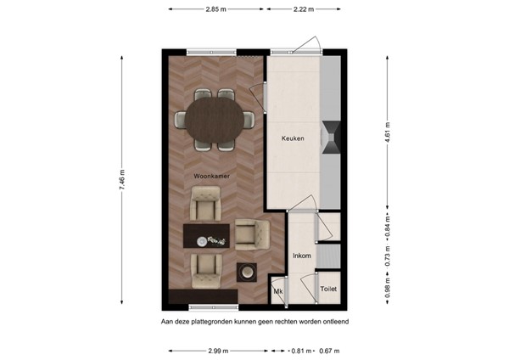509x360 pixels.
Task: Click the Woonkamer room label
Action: coord(213,176)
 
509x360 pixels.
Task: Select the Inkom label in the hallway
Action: coord(301,255)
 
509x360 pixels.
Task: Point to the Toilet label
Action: coord(328,290)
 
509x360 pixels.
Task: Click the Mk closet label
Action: coord(277,291)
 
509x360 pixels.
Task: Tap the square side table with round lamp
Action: coord(249,273)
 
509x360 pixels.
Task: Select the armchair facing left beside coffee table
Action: coord(249,233)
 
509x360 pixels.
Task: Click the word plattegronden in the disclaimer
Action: coord(217,322)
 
